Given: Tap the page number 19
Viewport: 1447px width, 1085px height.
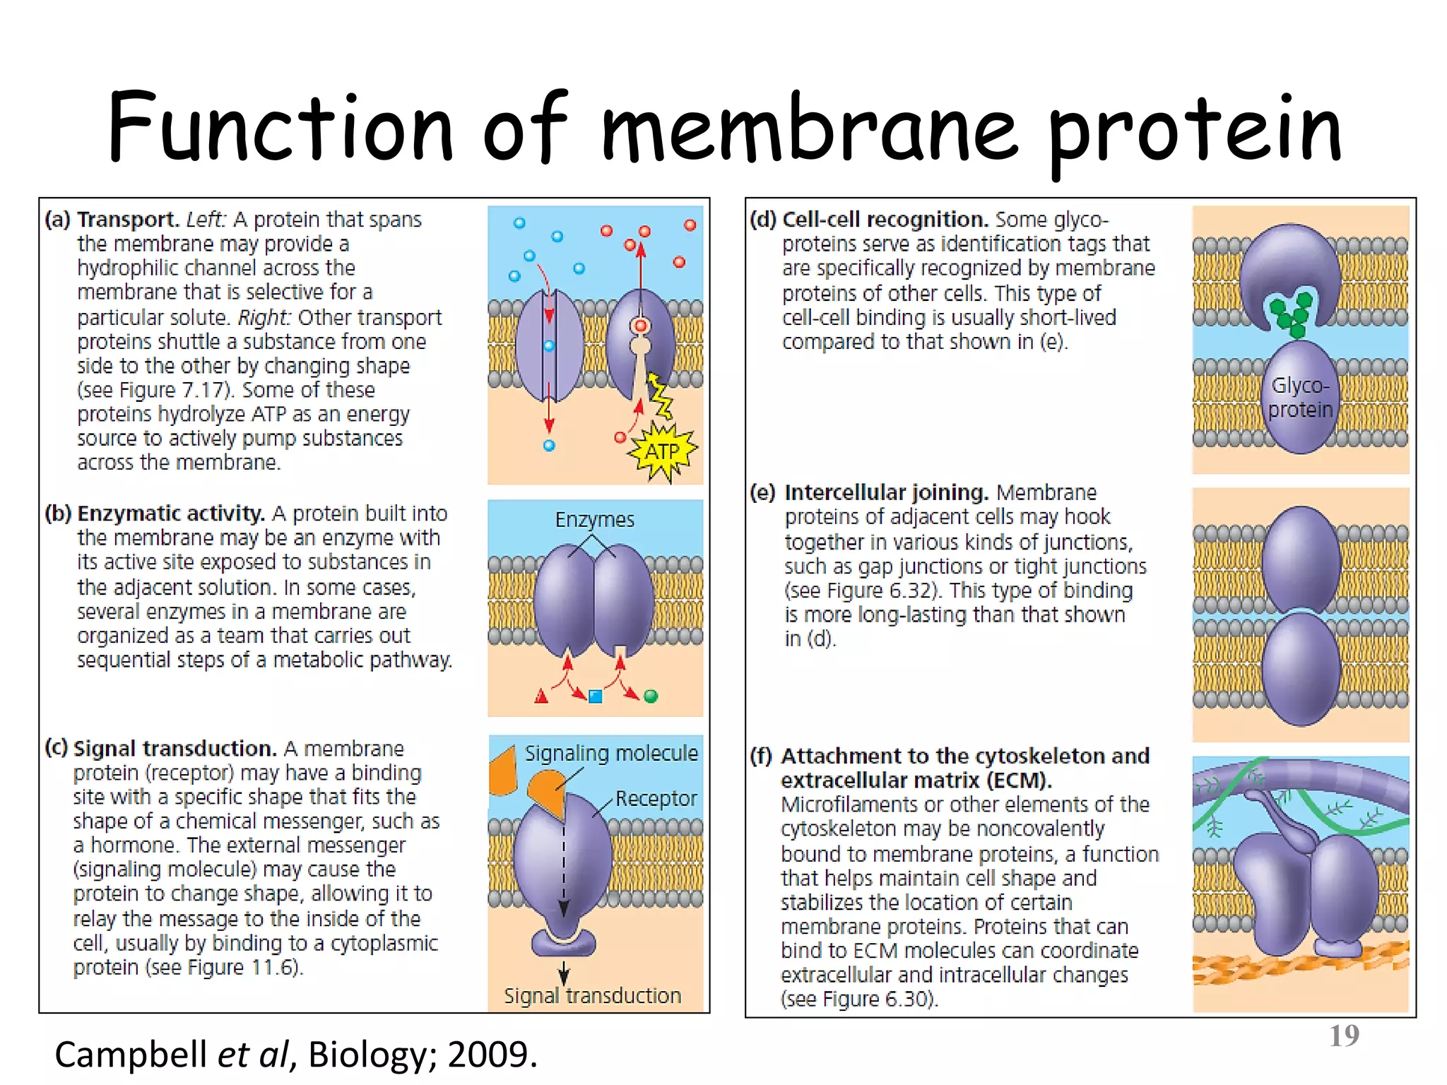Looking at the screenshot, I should click(1344, 1036).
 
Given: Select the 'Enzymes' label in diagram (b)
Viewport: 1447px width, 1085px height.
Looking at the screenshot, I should click(594, 520).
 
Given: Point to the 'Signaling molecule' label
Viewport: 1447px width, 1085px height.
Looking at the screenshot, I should click(610, 754).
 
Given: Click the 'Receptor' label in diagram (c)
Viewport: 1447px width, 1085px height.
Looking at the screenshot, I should click(656, 798).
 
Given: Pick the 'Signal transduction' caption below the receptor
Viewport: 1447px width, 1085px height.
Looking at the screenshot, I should click(592, 996).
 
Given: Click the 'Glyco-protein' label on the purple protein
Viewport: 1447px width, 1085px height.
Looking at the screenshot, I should click(1300, 398).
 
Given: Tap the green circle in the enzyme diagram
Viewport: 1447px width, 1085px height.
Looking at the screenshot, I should click(651, 696).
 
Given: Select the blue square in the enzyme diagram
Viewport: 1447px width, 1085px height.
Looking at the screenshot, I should click(595, 696).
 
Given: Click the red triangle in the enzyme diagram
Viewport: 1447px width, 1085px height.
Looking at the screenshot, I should click(541, 697).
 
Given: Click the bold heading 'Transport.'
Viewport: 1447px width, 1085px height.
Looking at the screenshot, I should click(128, 220).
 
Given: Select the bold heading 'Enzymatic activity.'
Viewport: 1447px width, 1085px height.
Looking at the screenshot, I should click(171, 514).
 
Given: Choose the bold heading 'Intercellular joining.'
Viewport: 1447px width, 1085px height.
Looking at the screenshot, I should click(886, 492).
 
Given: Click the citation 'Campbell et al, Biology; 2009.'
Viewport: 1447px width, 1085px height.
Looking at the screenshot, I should click(296, 1055).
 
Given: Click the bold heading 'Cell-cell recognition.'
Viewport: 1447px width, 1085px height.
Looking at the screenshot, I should click(885, 220).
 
